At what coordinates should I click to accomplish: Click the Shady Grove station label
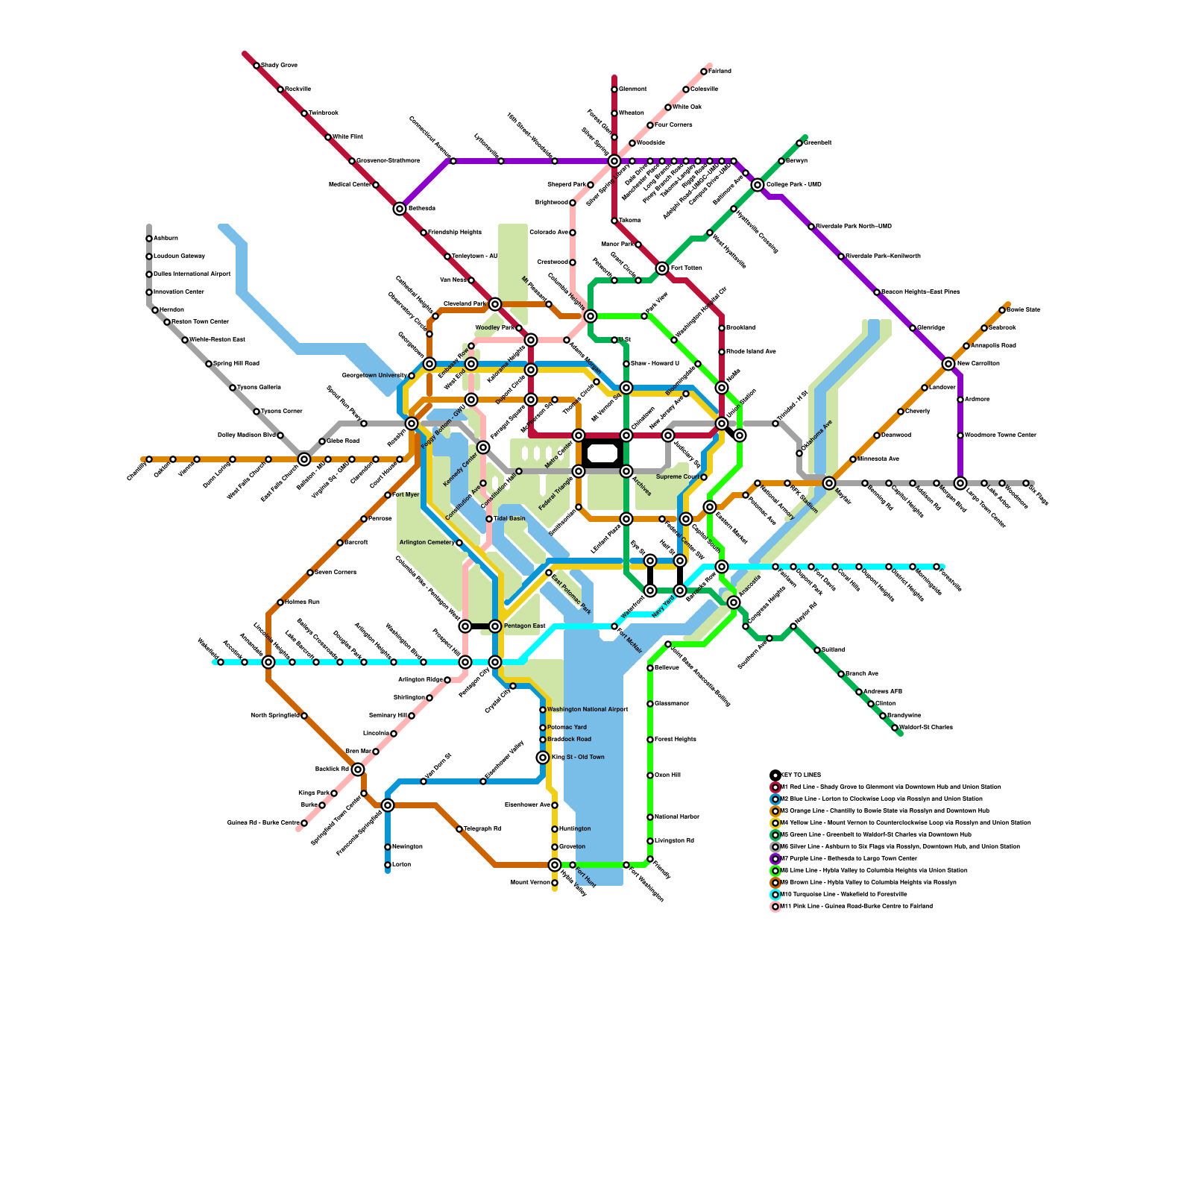[x=279, y=66]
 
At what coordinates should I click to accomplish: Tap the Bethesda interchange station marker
[x=400, y=209]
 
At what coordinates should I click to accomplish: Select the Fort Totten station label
[x=686, y=268]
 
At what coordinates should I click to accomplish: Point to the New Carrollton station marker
[x=948, y=364]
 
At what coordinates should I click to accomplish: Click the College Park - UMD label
[x=793, y=185]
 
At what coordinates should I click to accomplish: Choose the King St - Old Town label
[x=578, y=758]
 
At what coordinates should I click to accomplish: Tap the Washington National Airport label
[x=588, y=710]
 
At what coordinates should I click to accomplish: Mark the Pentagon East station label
[x=524, y=626]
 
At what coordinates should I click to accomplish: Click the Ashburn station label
[x=166, y=239]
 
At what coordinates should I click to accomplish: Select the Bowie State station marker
[x=1002, y=310]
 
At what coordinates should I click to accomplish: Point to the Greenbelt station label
[x=817, y=143]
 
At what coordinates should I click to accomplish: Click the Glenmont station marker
[x=614, y=89]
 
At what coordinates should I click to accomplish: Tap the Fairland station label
[x=720, y=72]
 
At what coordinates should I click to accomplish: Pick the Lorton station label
[x=401, y=865]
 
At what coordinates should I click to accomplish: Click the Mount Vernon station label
[x=530, y=883]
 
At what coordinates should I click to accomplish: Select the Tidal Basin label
[x=509, y=519]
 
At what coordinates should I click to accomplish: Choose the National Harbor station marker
[x=650, y=817]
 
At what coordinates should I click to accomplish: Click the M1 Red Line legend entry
[x=890, y=787]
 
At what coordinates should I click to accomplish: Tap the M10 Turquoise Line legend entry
[x=843, y=894]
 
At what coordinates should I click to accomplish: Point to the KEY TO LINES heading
[x=799, y=775]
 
